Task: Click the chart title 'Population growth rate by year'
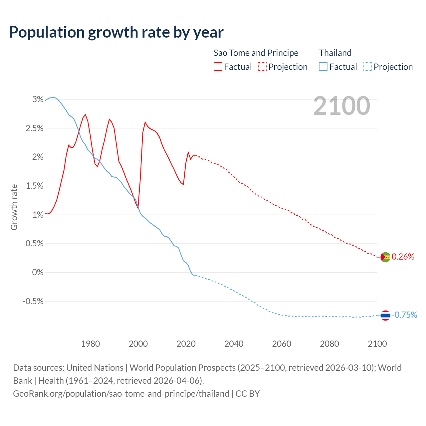tap(116, 32)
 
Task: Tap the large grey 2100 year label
tap(341, 106)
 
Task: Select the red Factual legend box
tap(218, 67)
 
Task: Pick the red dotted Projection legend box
tap(262, 67)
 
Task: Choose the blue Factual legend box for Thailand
tap(323, 67)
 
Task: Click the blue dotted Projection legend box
tap(367, 67)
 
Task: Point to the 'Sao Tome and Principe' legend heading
tap(256, 53)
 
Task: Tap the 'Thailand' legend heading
tap(335, 53)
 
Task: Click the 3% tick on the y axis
tap(38, 99)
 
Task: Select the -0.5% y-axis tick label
tap(33, 301)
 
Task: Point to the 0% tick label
tap(38, 272)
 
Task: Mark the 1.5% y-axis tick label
tap(35, 186)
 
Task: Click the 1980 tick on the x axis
tap(91, 343)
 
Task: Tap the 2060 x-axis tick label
tap(282, 343)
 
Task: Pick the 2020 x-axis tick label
tap(186, 343)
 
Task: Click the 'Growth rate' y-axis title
tap(14, 207)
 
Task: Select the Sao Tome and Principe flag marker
tap(385, 257)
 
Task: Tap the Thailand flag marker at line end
tap(385, 315)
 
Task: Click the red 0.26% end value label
tap(403, 257)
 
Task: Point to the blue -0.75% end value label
tap(404, 315)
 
